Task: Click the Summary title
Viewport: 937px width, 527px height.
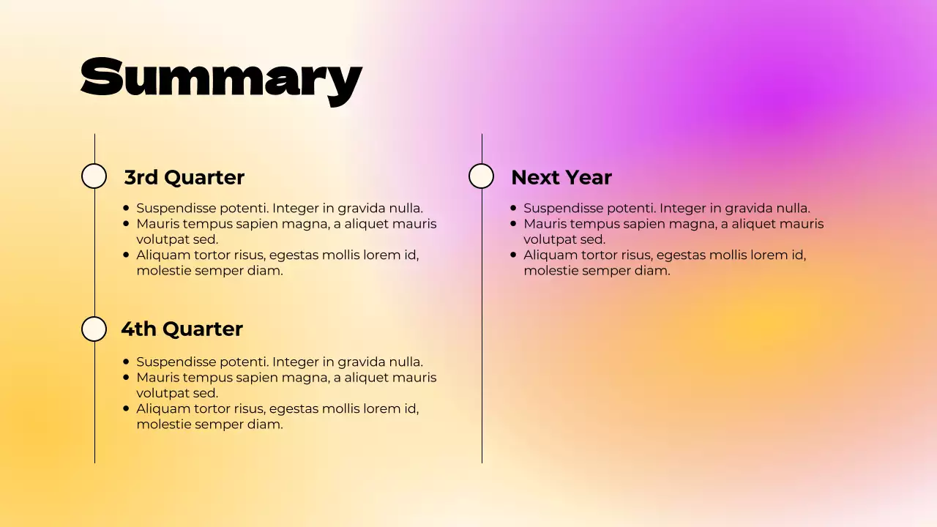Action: point(221,78)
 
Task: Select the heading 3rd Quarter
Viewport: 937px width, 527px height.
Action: point(184,177)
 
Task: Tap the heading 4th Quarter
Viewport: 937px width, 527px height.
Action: point(182,329)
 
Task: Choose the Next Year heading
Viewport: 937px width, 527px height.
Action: point(561,177)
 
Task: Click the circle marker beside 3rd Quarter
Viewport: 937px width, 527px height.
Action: point(94,176)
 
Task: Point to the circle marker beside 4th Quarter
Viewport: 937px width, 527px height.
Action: point(94,329)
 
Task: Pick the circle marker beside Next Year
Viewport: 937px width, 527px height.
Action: point(481,176)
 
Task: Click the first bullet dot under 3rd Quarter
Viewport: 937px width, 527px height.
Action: point(127,209)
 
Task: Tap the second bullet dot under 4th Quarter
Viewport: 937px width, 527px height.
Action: point(127,377)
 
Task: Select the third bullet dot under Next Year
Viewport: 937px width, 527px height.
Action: point(514,255)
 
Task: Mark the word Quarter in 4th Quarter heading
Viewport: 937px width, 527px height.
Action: point(202,329)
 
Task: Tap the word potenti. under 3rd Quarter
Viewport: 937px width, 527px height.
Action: point(244,209)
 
